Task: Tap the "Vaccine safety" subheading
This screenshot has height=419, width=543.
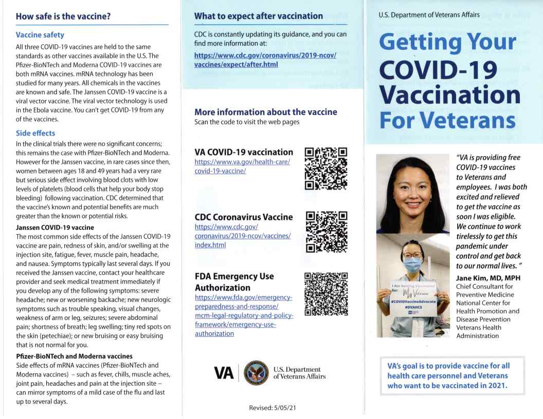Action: pyautogui.click(x=40, y=35)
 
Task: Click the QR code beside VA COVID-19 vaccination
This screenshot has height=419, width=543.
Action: pyautogui.click(x=326, y=169)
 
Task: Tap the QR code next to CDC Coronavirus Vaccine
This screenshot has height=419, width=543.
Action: pyautogui.click(x=326, y=233)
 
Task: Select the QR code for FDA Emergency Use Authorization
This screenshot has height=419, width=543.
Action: pyautogui.click(x=326, y=294)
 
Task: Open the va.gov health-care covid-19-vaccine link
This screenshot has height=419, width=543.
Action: pyautogui.click(x=242, y=166)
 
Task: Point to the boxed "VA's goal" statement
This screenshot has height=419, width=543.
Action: pyautogui.click(x=452, y=375)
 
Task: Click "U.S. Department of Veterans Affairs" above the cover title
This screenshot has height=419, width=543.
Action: pyautogui.click(x=429, y=15)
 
